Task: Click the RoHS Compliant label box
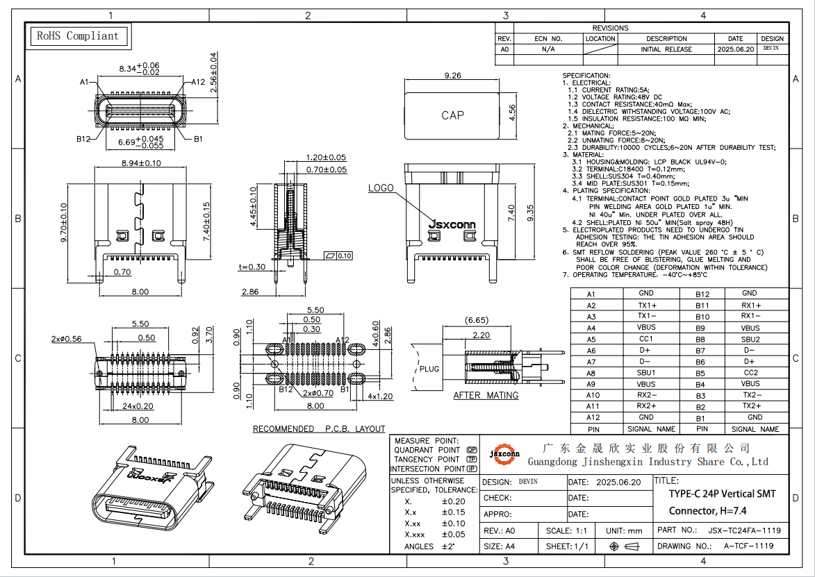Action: click(78, 36)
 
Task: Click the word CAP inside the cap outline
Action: click(452, 115)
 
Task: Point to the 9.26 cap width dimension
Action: click(452, 76)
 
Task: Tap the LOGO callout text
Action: click(381, 188)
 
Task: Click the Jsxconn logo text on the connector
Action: click(452, 224)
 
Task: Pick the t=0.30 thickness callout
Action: click(252, 267)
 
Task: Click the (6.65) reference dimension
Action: click(476, 320)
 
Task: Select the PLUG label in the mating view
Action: click(429, 369)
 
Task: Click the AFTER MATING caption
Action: click(486, 395)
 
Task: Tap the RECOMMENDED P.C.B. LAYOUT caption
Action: click(318, 429)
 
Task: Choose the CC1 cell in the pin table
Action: click(646, 339)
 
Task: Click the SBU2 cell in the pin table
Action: click(750, 340)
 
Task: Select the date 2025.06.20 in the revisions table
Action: click(735, 49)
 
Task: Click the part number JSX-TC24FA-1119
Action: click(744, 530)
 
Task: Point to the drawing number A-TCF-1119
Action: click(748, 546)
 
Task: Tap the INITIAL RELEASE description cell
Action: click(666, 49)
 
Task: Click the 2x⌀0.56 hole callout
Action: click(67, 339)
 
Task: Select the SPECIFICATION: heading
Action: click(586, 76)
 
